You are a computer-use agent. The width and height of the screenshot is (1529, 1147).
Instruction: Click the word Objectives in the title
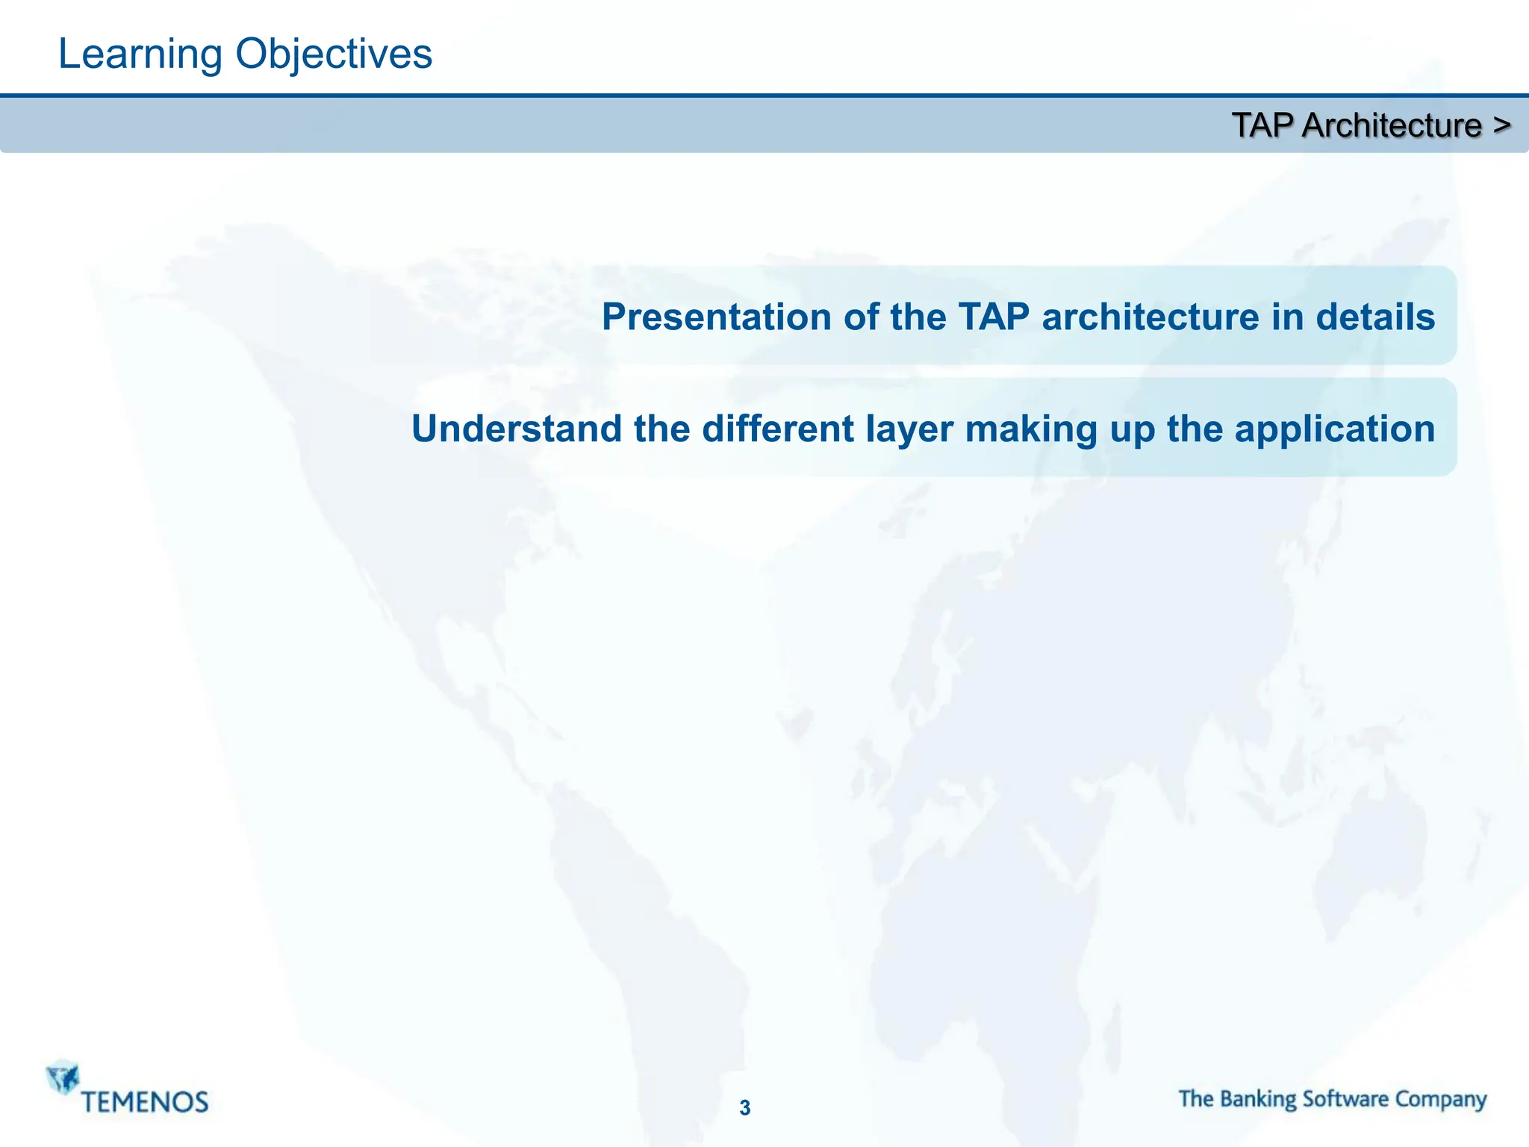[334, 55]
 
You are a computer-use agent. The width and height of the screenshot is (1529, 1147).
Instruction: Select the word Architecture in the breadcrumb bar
[1392, 125]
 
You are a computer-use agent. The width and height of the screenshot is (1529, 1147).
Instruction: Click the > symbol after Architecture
[1502, 125]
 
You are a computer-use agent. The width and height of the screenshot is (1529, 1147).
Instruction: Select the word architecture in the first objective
[1150, 317]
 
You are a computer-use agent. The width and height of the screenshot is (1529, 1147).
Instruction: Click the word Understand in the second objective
[517, 429]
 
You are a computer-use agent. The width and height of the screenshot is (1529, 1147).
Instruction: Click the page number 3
[745, 1108]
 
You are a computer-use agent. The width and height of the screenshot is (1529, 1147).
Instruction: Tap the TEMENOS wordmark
[145, 1102]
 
